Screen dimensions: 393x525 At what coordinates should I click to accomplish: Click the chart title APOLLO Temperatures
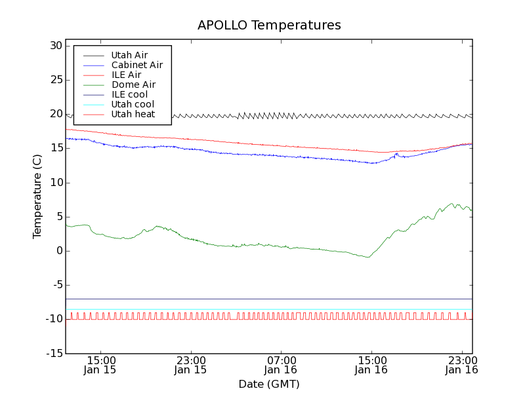coord(269,26)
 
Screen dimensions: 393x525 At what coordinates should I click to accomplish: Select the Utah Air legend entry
coord(129,55)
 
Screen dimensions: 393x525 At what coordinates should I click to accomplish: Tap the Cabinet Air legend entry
coord(137,65)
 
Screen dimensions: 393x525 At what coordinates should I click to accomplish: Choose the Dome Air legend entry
coord(133,84)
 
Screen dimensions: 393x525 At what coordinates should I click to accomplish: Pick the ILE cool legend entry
coord(129,94)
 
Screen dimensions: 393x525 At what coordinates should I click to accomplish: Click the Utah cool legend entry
coord(133,104)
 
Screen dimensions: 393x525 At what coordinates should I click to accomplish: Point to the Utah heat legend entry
coord(133,114)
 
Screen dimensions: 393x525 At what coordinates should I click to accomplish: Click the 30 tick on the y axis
coord(55,46)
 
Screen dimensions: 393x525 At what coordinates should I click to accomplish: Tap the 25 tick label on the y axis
coord(55,80)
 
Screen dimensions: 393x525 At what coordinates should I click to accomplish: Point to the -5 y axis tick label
coord(56,285)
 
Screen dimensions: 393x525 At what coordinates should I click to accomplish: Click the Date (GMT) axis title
coord(269,384)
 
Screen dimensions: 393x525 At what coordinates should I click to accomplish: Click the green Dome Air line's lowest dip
coord(367,257)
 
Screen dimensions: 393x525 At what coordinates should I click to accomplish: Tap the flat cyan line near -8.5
coord(262,309)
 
